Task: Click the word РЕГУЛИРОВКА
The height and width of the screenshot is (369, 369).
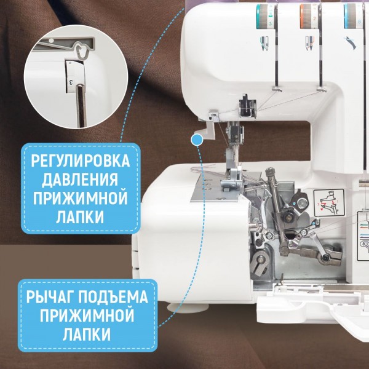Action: [80, 161]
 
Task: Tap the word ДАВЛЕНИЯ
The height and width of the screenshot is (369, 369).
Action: [80, 180]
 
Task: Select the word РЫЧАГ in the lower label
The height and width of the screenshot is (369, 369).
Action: [50, 297]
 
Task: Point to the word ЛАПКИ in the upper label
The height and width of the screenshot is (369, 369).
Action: [80, 217]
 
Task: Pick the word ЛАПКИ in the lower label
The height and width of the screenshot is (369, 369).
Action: [87, 335]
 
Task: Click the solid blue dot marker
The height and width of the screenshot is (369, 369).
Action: [197, 140]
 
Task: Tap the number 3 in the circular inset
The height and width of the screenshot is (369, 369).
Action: [70, 82]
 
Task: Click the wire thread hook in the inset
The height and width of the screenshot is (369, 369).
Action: [81, 50]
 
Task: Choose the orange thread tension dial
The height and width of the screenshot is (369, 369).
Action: [309, 17]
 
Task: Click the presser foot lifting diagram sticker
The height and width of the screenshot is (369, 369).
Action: [329, 202]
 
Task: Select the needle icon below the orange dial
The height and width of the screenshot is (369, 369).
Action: [309, 43]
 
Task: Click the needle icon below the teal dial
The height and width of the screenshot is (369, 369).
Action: [264, 43]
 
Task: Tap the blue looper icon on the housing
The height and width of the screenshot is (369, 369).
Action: [351, 43]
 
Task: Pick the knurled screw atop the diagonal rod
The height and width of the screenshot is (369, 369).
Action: [270, 172]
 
